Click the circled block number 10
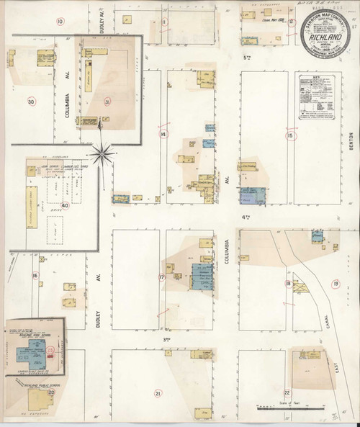(60, 22)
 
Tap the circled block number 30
(30, 102)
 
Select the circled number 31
(107, 102)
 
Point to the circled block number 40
(65, 205)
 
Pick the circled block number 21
(158, 392)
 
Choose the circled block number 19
(336, 285)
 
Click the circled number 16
(34, 275)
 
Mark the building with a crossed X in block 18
(302, 287)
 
